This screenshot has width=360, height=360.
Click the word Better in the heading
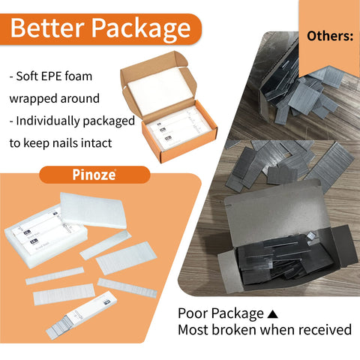(47, 28)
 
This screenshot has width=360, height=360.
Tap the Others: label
(330, 36)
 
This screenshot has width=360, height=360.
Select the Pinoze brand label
(94, 175)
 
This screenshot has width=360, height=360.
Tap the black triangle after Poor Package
(272, 313)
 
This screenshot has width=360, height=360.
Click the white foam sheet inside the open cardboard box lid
(160, 91)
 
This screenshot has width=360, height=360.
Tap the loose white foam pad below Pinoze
(93, 211)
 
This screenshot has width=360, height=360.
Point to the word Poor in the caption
(192, 313)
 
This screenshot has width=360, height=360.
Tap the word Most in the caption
(193, 329)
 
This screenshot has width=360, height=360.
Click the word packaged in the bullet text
(109, 121)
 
